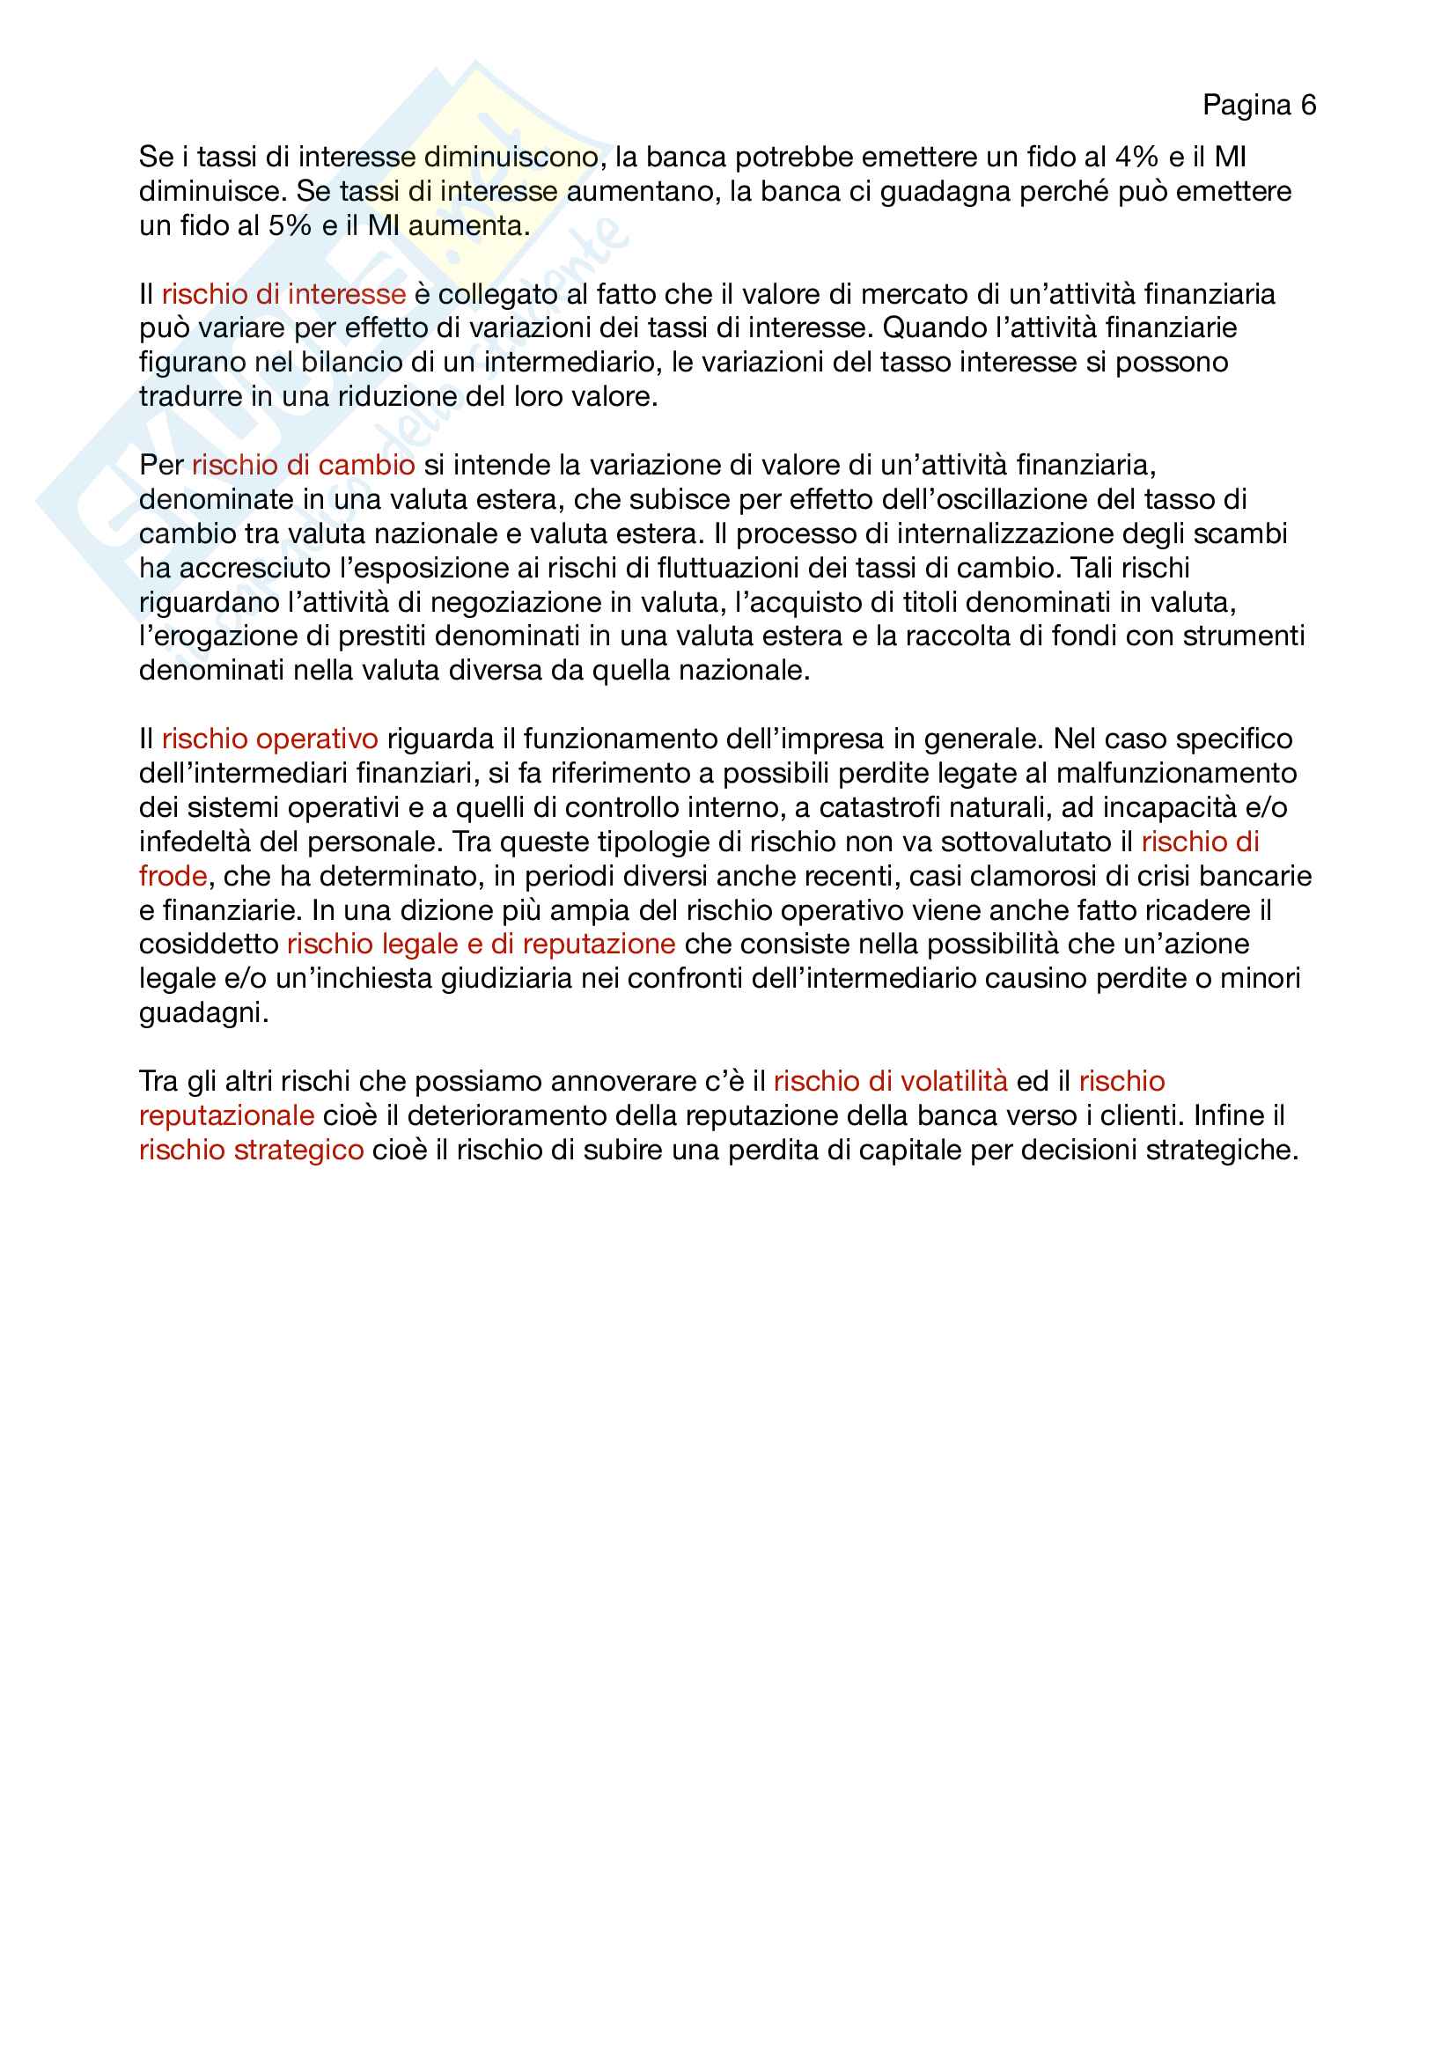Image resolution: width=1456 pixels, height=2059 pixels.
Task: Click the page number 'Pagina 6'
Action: click(x=1259, y=106)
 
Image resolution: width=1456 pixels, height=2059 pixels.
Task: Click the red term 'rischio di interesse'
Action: click(x=283, y=294)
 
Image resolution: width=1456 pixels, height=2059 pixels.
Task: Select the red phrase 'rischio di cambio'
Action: click(x=303, y=466)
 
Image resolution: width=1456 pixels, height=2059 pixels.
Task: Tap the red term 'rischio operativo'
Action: click(x=270, y=739)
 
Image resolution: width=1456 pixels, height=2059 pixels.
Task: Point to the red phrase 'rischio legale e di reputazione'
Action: click(x=481, y=945)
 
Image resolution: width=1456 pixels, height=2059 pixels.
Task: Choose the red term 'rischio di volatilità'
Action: click(x=890, y=1082)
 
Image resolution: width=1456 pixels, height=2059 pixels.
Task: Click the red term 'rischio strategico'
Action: click(x=251, y=1150)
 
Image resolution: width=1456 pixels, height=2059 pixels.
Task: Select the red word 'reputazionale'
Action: click(x=227, y=1115)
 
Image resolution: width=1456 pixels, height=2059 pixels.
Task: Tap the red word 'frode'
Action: click(x=173, y=876)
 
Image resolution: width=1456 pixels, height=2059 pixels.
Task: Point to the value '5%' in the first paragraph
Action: click(x=290, y=226)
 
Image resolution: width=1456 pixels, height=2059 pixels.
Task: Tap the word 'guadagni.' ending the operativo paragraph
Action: click(x=204, y=1013)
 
